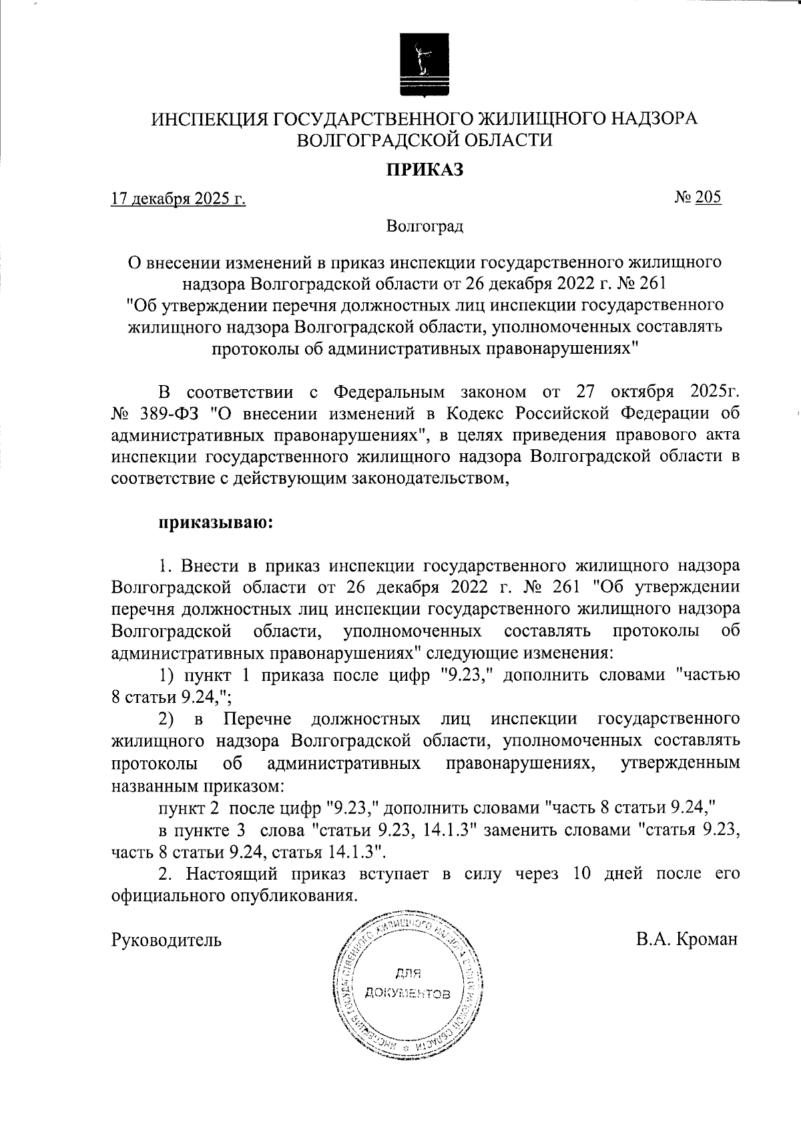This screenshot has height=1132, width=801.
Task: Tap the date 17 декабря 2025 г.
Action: pyautogui.click(x=178, y=198)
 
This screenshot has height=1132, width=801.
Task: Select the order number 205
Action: pyautogui.click(x=708, y=198)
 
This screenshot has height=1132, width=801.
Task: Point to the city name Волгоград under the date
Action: pyautogui.click(x=425, y=226)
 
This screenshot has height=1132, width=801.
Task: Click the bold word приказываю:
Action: pyautogui.click(x=216, y=522)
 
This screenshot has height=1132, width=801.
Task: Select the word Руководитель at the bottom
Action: pyautogui.click(x=166, y=940)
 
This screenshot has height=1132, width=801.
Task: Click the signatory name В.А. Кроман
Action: pyautogui.click(x=687, y=940)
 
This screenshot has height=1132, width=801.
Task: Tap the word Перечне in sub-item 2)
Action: pyautogui.click(x=257, y=719)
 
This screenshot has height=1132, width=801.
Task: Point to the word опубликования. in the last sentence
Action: pyautogui.click(x=290, y=895)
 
